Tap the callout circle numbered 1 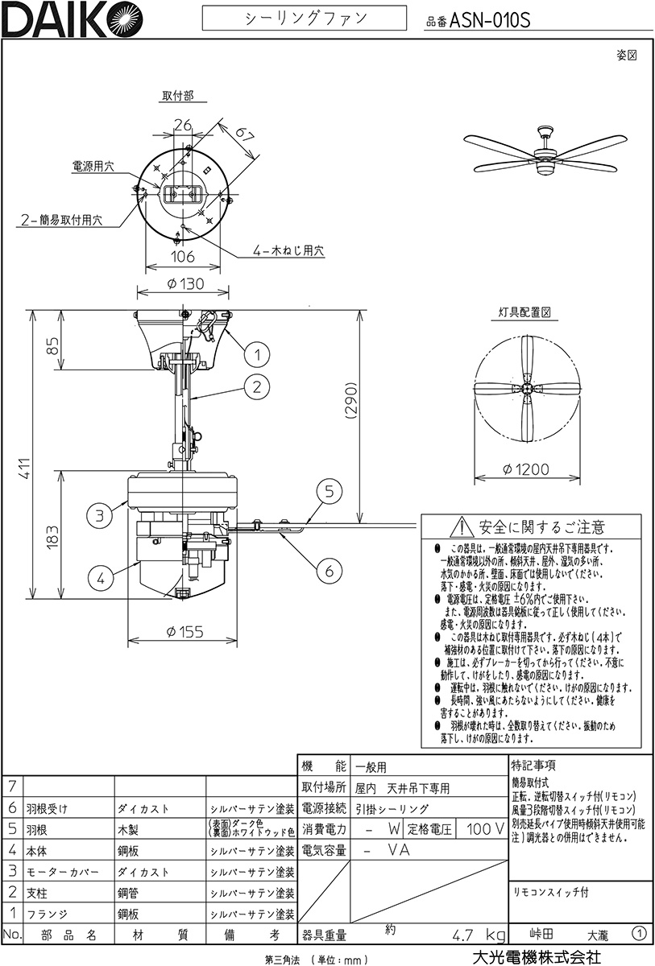pyautogui.click(x=255, y=353)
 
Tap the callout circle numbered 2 pyautogui.click(x=255, y=386)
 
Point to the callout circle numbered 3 pyautogui.click(x=100, y=516)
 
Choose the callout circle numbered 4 pyautogui.click(x=100, y=576)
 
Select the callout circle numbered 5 pyautogui.click(x=329, y=490)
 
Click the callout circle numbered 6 pyautogui.click(x=329, y=571)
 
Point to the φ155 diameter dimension pyautogui.click(x=184, y=632)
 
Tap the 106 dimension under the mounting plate pyautogui.click(x=184, y=257)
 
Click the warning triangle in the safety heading pyautogui.click(x=462, y=527)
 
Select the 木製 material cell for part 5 pyautogui.click(x=132, y=829)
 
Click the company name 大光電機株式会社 pyautogui.click(x=536, y=956)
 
